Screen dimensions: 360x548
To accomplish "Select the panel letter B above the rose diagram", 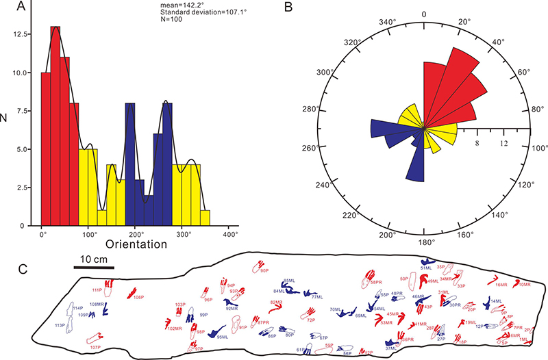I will (x=308, y=8).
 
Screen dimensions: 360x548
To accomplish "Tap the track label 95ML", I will (x=223, y=337).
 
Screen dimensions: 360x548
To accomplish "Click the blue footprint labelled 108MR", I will (x=106, y=309).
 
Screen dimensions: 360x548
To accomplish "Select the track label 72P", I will (x=310, y=320).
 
